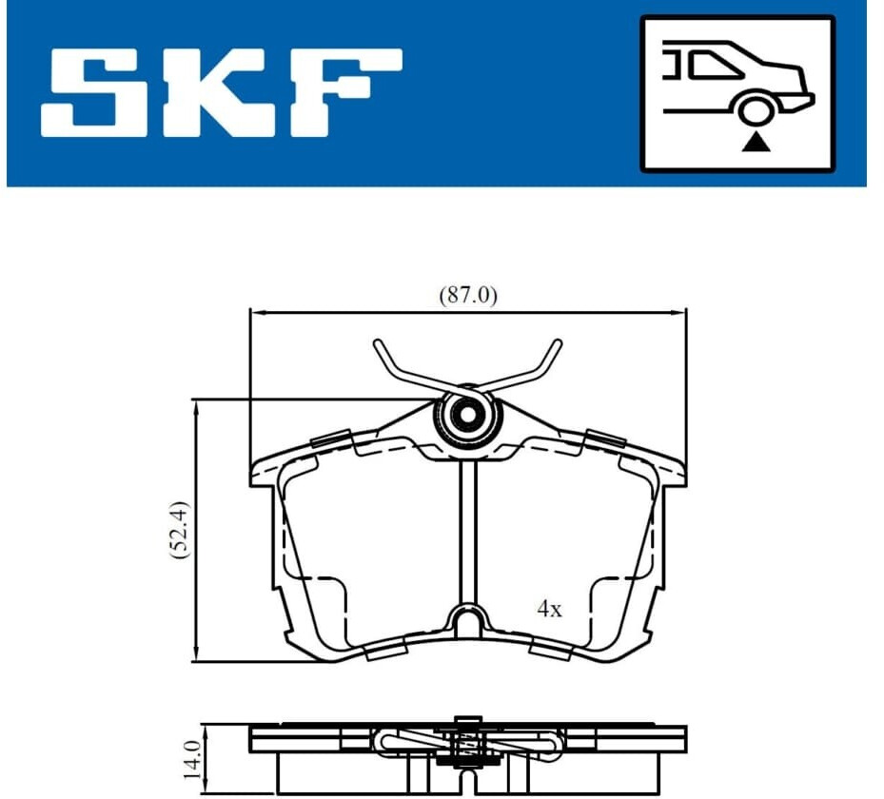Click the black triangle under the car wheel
point(756,143)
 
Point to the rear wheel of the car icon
point(755,109)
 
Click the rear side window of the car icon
point(715,65)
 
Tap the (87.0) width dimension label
point(468,295)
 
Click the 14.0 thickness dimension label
point(191,761)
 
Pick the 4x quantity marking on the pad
point(549,609)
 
